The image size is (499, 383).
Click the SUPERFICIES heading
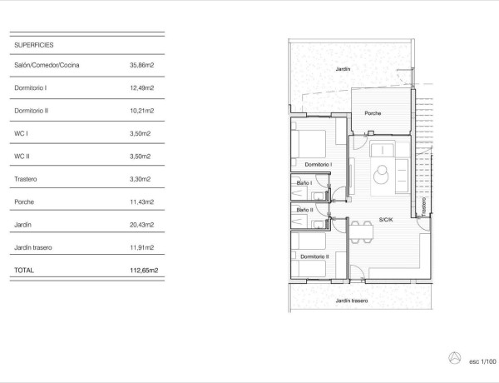click(x=34, y=46)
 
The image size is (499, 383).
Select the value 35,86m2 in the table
click(x=144, y=65)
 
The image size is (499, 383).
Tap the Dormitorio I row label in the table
click(x=32, y=87)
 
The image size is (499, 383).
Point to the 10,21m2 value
click(x=144, y=110)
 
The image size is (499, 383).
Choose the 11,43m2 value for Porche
click(x=144, y=201)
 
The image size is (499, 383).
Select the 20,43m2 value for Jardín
click(x=144, y=224)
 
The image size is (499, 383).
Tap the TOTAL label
click(x=26, y=270)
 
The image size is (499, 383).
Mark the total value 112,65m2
click(x=143, y=270)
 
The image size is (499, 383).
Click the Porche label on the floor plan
click(x=373, y=112)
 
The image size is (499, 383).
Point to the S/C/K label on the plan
click(x=387, y=220)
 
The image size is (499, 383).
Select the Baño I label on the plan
click(x=304, y=182)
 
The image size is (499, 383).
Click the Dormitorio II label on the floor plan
click(x=315, y=256)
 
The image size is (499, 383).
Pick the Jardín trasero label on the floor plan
click(x=351, y=301)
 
